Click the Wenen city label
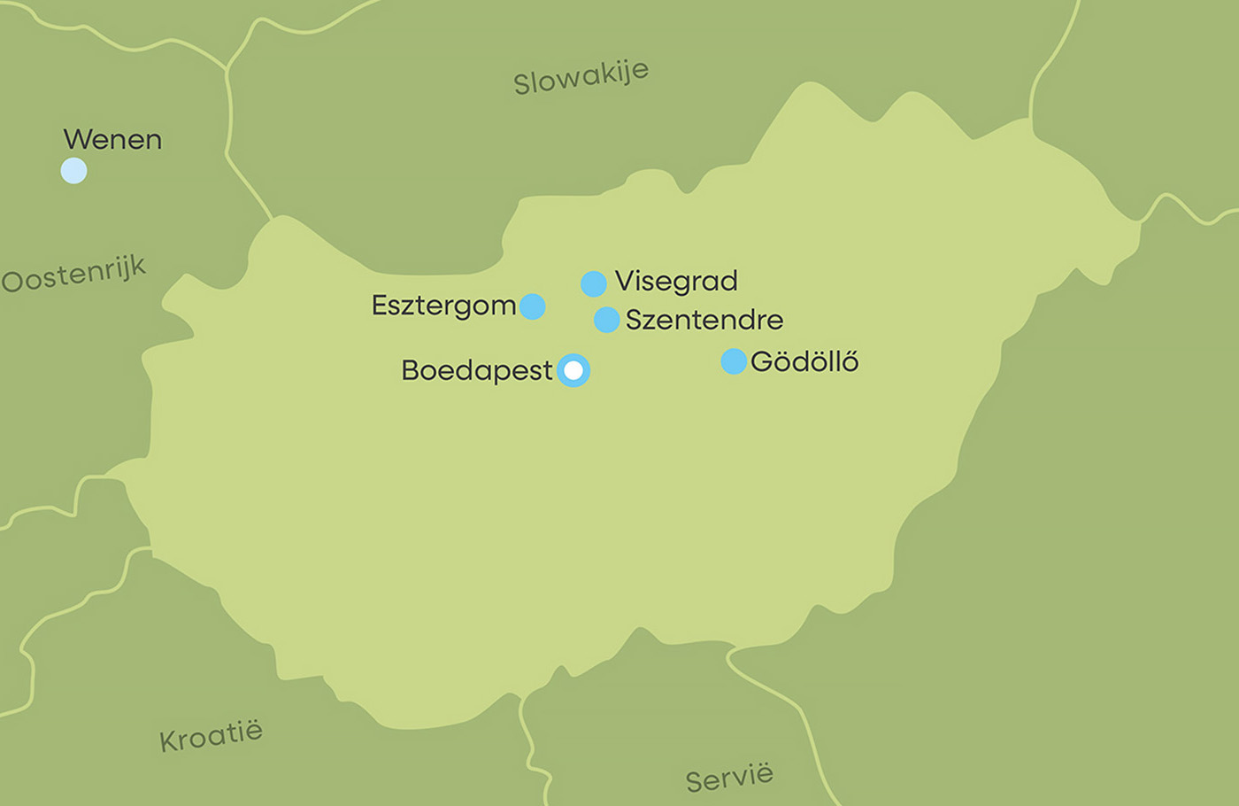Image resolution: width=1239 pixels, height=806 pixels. [x=112, y=140]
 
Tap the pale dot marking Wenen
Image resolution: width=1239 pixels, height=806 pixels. [x=73, y=170]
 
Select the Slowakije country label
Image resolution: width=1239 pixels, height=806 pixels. [x=581, y=77]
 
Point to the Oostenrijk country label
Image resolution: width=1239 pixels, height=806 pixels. [x=73, y=274]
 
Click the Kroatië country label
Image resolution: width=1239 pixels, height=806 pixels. [x=211, y=736]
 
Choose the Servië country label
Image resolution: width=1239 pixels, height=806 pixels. [x=729, y=778]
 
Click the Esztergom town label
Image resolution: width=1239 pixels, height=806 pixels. [x=443, y=306]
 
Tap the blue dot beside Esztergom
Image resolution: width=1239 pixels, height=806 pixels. [x=532, y=306]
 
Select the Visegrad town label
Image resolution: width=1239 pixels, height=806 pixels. [x=676, y=282]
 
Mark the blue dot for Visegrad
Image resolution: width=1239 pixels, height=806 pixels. [x=593, y=283]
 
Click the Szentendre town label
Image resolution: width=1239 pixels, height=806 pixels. [x=704, y=320]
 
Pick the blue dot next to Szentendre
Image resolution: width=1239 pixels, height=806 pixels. [x=606, y=320]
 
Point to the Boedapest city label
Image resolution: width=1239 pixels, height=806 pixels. [x=477, y=370]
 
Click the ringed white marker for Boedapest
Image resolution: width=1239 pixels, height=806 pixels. [x=573, y=370]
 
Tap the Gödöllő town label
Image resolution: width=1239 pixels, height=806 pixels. [x=804, y=361]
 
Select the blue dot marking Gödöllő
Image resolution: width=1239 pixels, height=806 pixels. [x=734, y=361]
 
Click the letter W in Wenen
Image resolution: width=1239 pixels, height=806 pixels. [x=76, y=140]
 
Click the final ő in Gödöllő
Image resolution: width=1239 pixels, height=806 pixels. [x=849, y=361]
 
